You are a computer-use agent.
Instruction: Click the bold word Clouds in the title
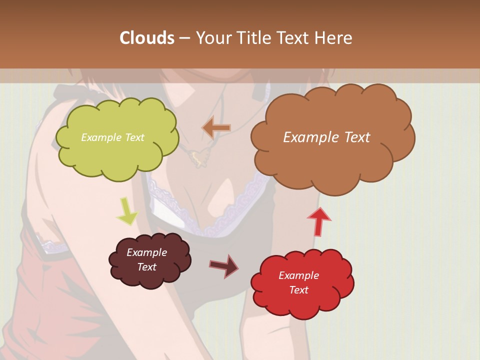146,38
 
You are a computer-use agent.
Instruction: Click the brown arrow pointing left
216,128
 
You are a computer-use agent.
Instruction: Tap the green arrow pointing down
127,210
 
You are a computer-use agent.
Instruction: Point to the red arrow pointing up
319,221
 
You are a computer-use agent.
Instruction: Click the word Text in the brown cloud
353,137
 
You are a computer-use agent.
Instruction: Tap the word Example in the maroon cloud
146,252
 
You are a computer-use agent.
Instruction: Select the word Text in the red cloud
298,290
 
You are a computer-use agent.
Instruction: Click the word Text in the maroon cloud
146,267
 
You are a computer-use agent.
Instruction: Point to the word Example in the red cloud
298,275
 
